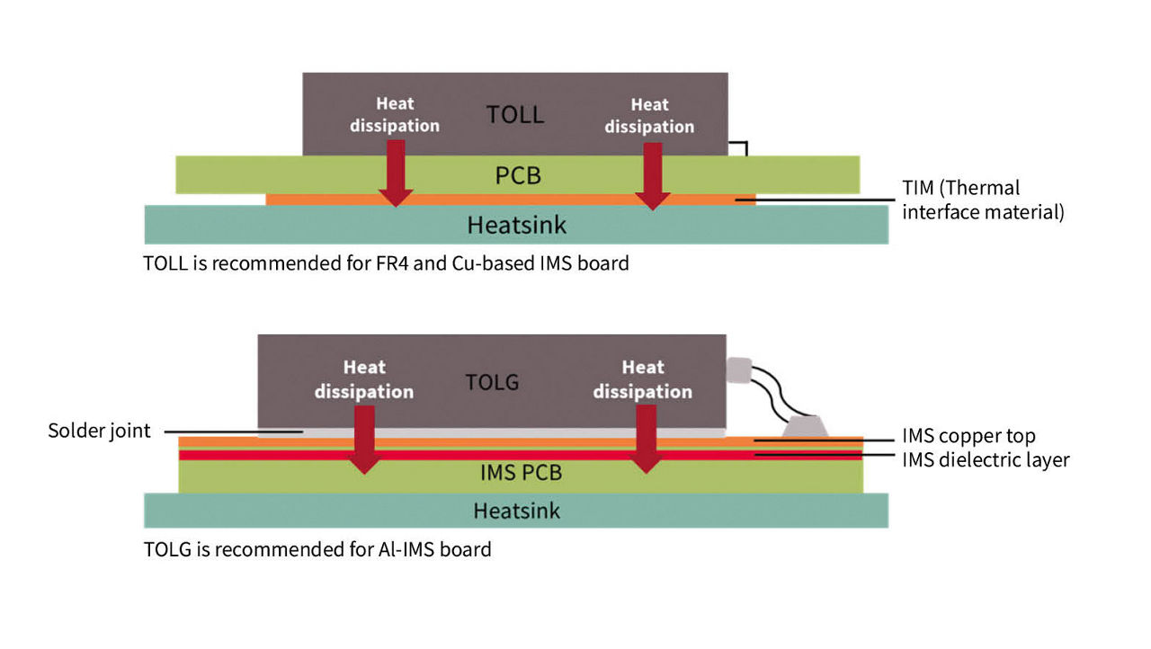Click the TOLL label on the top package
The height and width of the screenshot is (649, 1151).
pos(515,115)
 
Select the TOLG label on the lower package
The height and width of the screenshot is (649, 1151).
pos(492,381)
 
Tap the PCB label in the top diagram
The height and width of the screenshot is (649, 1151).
pos(518,174)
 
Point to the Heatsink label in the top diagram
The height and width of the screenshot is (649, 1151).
pos(516,224)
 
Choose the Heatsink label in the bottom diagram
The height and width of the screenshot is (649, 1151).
pos(516,511)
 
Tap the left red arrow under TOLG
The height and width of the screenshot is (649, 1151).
pos(364,439)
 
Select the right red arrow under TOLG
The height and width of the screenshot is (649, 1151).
pos(645,439)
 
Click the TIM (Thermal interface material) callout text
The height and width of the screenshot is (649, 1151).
pos(983,200)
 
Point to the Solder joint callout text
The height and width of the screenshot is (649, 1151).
pos(99,431)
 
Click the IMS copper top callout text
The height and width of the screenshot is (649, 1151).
pos(968,437)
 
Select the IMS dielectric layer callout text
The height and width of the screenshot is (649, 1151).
pos(986,460)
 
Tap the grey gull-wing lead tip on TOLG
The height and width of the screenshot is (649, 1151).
pos(738,369)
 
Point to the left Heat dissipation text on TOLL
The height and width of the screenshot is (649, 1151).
pos(395,115)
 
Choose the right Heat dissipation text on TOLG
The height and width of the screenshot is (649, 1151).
pos(642,379)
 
